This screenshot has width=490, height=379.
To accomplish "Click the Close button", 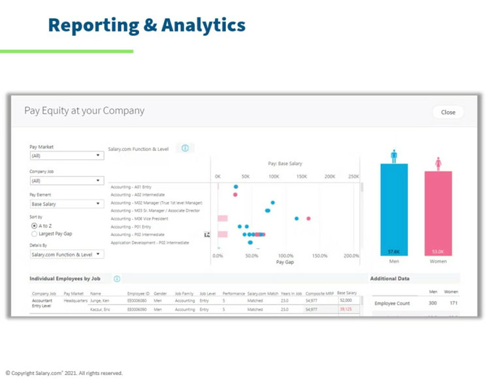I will tap(448, 112).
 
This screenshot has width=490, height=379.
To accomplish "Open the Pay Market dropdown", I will tap(67, 156).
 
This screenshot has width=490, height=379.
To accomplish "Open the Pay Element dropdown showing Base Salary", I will tap(67, 204).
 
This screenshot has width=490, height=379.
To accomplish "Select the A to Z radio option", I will tap(35, 225).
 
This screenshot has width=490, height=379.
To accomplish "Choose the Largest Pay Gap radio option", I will tap(35, 233).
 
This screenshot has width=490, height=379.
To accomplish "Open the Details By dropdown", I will tap(67, 254).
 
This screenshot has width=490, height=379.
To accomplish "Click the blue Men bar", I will tap(394, 209).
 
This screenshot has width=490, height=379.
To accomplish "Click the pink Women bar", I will tap(438, 213).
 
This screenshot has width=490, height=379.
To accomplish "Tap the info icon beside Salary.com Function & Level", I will tap(185, 148).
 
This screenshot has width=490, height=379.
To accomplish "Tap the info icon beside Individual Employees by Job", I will tap(117, 278).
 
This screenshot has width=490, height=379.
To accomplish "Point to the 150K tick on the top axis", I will tap(302, 176).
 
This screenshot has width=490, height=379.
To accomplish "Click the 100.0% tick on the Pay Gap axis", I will tap(286, 255).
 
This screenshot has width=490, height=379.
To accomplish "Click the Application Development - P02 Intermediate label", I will tap(150, 242).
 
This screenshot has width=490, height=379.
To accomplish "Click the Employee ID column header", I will tap(139, 293).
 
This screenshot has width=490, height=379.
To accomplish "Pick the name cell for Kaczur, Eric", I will tap(101, 309).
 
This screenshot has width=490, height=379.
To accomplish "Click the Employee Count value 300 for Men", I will tap(432, 303).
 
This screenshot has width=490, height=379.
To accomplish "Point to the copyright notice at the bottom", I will tap(64, 373).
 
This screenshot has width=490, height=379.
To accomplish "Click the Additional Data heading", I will tap(390, 278).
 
